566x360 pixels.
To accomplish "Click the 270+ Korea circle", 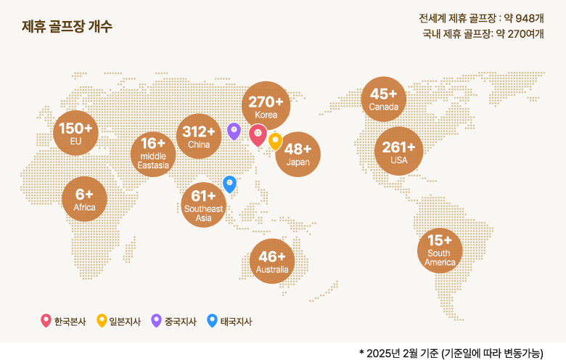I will click(x=266, y=105).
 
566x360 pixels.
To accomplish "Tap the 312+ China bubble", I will click(x=199, y=136).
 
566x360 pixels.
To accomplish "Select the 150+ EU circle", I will click(x=76, y=133).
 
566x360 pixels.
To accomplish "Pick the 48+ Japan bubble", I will click(x=298, y=153).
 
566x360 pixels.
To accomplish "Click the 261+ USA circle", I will click(x=398, y=152).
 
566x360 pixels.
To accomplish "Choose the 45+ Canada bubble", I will click(x=383, y=99).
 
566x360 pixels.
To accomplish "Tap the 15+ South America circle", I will click(x=440, y=250).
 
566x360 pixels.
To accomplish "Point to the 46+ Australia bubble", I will click(x=272, y=261).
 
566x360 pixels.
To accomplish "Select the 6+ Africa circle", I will click(x=84, y=198).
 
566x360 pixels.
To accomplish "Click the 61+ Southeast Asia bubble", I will click(x=204, y=205).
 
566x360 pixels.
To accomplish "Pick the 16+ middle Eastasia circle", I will click(x=153, y=154).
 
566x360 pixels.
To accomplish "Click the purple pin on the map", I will click(x=234, y=131).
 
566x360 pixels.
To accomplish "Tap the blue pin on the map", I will click(x=229, y=184).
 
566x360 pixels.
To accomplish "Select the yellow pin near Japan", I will click(x=275, y=141).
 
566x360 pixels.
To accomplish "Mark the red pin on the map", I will click(x=257, y=134).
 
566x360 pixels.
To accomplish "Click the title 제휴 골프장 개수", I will click(x=67, y=27).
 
